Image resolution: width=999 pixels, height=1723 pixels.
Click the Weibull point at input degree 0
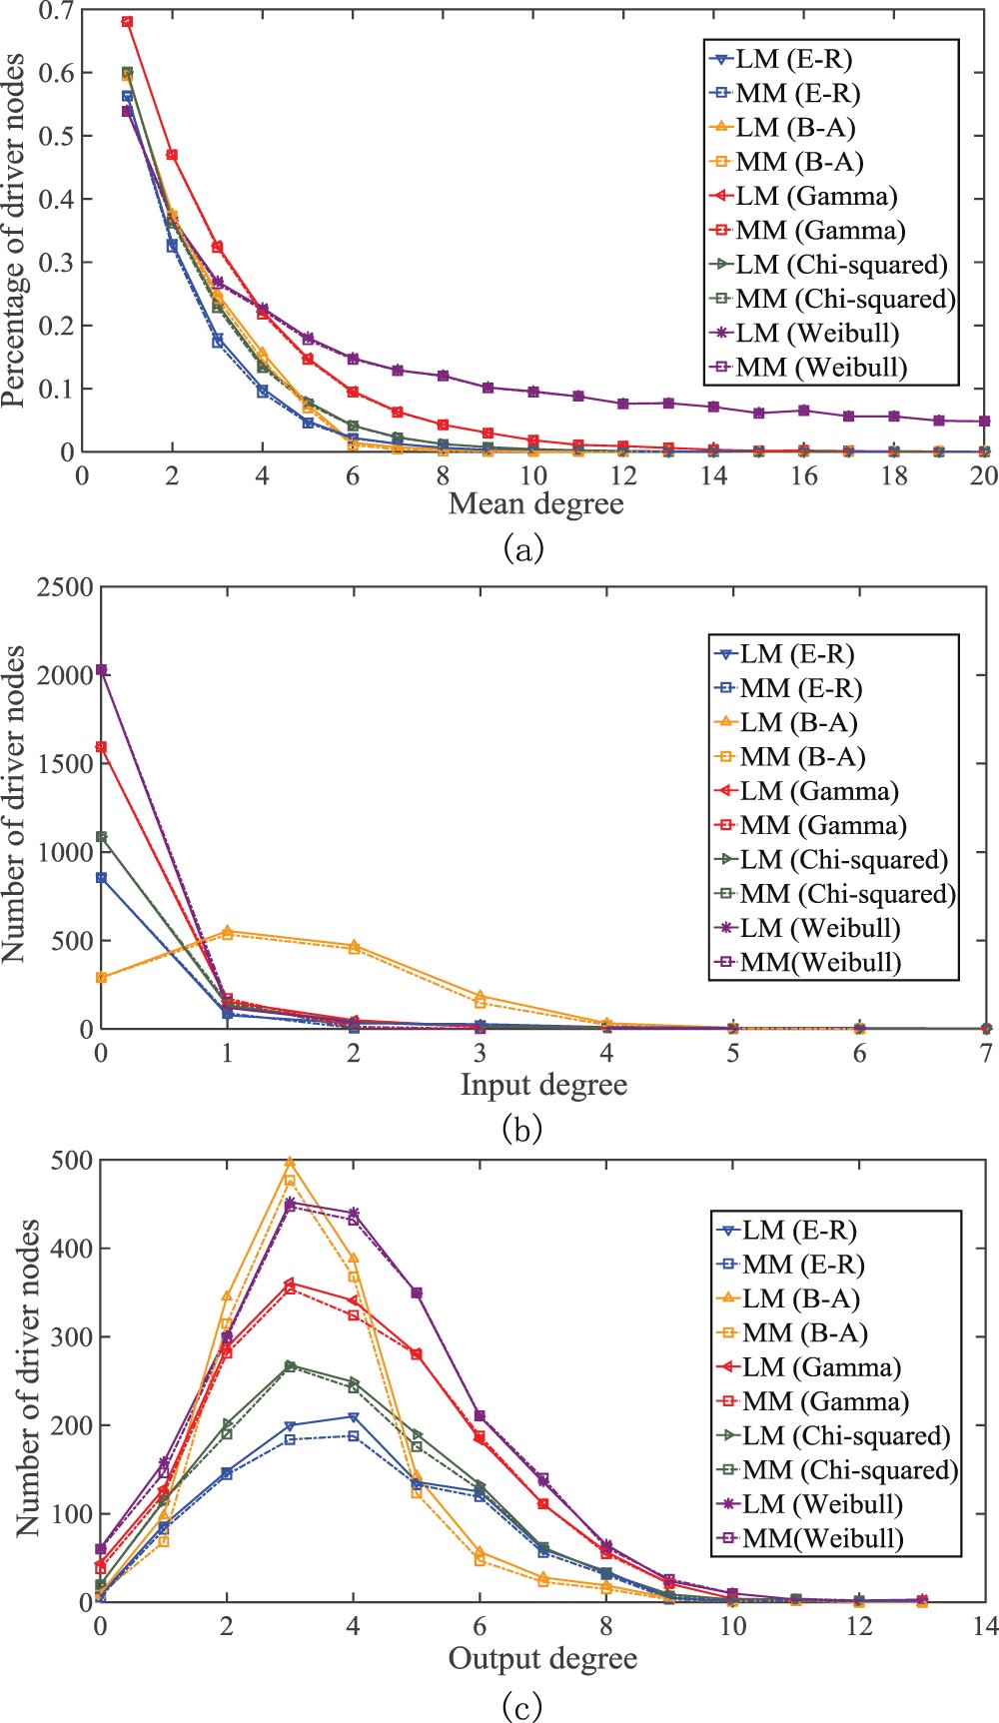pyautogui.click(x=101, y=670)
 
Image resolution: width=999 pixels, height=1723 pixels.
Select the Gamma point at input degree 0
pyautogui.click(x=101, y=746)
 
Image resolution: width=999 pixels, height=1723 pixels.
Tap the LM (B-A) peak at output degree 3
pyautogui.click(x=290, y=1162)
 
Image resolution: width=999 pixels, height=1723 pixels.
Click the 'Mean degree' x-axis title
pyautogui.click(x=535, y=503)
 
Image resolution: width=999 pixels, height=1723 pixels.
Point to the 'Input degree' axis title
pyautogui.click(x=543, y=1085)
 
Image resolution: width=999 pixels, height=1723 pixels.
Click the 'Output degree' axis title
pyautogui.click(x=542, y=1659)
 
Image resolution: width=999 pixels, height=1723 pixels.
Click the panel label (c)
pyautogui.click(x=522, y=1707)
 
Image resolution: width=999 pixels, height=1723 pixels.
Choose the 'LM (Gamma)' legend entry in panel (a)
pyautogui.click(x=816, y=197)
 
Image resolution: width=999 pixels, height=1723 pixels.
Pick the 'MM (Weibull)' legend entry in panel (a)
pyautogui.click(x=821, y=367)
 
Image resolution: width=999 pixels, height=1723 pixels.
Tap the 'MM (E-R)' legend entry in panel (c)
pyautogui.click(x=802, y=1266)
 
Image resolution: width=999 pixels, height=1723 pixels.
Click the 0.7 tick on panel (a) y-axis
pyautogui.click(x=56, y=11)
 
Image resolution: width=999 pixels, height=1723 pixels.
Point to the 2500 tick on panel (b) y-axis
pyautogui.click(x=64, y=587)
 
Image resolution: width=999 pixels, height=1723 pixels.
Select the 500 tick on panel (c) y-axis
pyautogui.click(x=67, y=1161)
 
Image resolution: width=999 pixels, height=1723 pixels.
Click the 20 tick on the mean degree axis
pyautogui.click(x=984, y=475)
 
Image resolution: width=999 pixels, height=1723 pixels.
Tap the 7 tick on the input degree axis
pyautogui.click(x=986, y=1053)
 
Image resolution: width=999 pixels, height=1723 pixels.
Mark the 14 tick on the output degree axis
pyautogui.click(x=986, y=1627)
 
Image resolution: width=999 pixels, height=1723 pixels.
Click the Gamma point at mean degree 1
pyautogui.click(x=127, y=21)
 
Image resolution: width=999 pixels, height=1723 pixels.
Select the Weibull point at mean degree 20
pyautogui.click(x=984, y=422)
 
